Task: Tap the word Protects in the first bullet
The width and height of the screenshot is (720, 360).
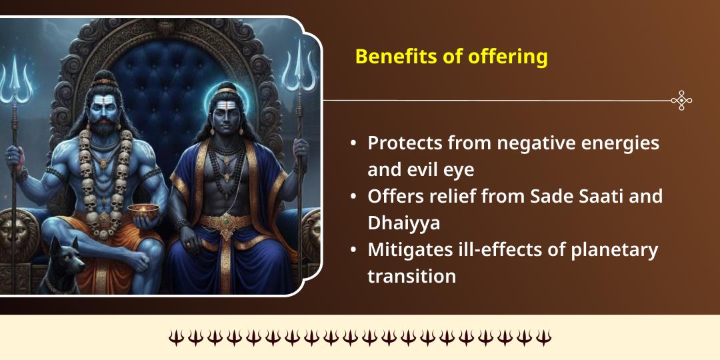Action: click(x=405, y=143)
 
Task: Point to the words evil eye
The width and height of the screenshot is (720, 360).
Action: click(x=440, y=169)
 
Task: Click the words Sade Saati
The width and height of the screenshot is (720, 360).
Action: click(x=587, y=197)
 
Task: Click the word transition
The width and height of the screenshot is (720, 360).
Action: click(x=411, y=276)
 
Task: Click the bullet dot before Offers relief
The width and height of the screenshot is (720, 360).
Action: click(x=353, y=197)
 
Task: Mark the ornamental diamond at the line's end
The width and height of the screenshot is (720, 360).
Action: click(x=681, y=101)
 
